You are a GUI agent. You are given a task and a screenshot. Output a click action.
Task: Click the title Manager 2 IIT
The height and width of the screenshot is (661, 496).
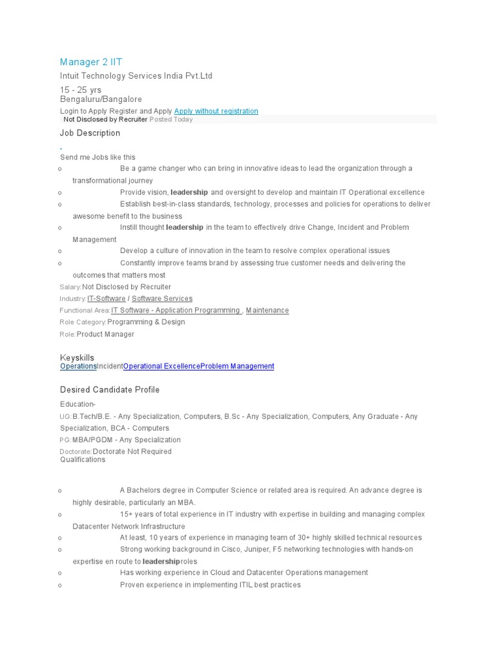point(91,62)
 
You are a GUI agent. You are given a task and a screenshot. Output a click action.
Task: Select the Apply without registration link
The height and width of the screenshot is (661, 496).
point(216,111)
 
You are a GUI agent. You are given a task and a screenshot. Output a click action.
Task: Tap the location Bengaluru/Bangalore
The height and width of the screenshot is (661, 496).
point(101,99)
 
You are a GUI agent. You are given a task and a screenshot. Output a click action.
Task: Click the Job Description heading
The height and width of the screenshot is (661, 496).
point(90,133)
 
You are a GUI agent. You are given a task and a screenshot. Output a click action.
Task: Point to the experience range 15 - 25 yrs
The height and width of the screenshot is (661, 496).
point(81,90)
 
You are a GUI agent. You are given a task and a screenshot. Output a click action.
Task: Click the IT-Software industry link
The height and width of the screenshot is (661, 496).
point(107,298)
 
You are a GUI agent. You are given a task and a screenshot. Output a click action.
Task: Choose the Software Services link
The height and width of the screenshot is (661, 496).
point(162,298)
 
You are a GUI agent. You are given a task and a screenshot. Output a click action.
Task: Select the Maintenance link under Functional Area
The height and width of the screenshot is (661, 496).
point(267,310)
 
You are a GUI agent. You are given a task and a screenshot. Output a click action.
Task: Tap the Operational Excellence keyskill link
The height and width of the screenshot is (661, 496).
point(161,366)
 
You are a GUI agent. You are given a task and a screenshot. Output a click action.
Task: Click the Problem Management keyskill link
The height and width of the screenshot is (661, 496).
point(237,366)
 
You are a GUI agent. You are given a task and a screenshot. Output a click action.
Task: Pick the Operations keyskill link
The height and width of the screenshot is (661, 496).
point(78,366)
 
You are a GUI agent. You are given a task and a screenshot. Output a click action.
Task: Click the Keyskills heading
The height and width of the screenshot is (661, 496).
point(77,358)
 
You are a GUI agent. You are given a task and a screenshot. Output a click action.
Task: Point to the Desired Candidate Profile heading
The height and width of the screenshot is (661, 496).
point(110,390)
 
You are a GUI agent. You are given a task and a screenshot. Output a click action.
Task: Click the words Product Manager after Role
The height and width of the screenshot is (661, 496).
point(105,334)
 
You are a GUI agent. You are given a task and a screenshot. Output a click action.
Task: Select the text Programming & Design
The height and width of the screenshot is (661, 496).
point(146,321)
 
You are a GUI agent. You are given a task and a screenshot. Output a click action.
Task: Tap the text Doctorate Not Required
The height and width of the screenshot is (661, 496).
point(132,451)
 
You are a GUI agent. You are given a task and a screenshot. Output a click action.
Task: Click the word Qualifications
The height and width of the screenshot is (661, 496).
point(82,460)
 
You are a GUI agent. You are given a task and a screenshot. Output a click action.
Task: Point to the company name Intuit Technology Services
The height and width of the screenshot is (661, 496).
point(136,76)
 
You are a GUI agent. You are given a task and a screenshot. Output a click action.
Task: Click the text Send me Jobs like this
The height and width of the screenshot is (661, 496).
point(98,157)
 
